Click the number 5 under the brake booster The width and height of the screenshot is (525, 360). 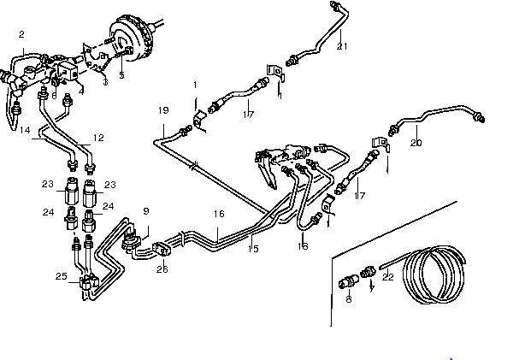[x=121, y=76]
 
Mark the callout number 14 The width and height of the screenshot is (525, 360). [x=26, y=130]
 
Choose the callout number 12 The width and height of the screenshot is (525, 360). [x=98, y=138]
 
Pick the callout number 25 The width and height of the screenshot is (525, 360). [x=60, y=276]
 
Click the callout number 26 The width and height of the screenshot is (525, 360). [x=162, y=269]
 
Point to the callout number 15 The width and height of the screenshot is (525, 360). [x=253, y=248]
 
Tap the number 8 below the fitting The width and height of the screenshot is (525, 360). [x=349, y=299]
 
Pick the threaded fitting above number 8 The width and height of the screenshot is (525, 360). [x=350, y=280]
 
